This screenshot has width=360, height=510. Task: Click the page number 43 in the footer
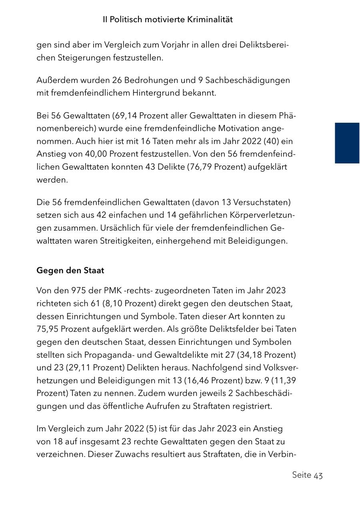(318, 475)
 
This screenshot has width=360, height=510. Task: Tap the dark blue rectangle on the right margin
(347, 143)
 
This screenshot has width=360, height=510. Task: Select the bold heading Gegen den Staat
(70, 271)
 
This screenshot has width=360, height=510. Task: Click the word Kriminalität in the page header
(210, 19)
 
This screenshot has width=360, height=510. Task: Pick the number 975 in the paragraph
(79, 291)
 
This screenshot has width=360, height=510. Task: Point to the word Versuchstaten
(261, 203)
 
